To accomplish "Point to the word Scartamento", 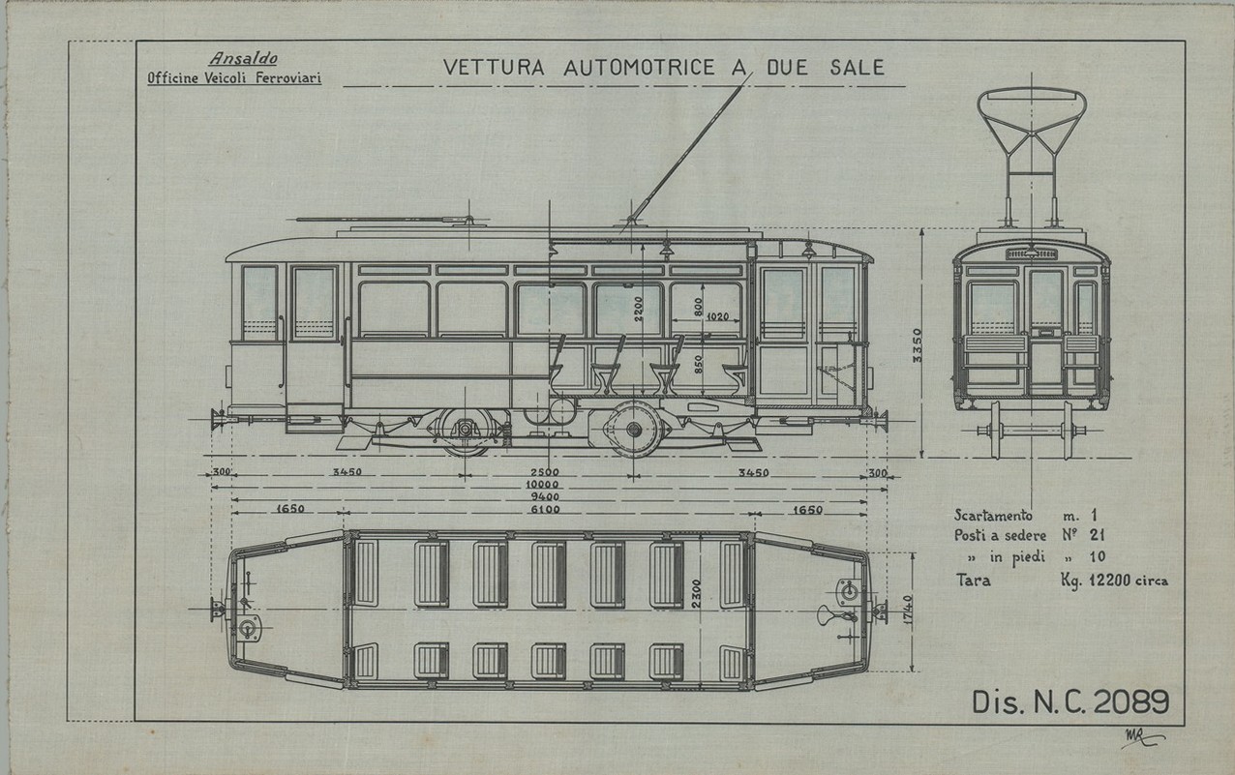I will (x=994, y=516).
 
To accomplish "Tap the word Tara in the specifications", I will (x=972, y=580).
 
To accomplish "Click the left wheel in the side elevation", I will (x=467, y=430).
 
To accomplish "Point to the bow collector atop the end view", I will (x=1032, y=126).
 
